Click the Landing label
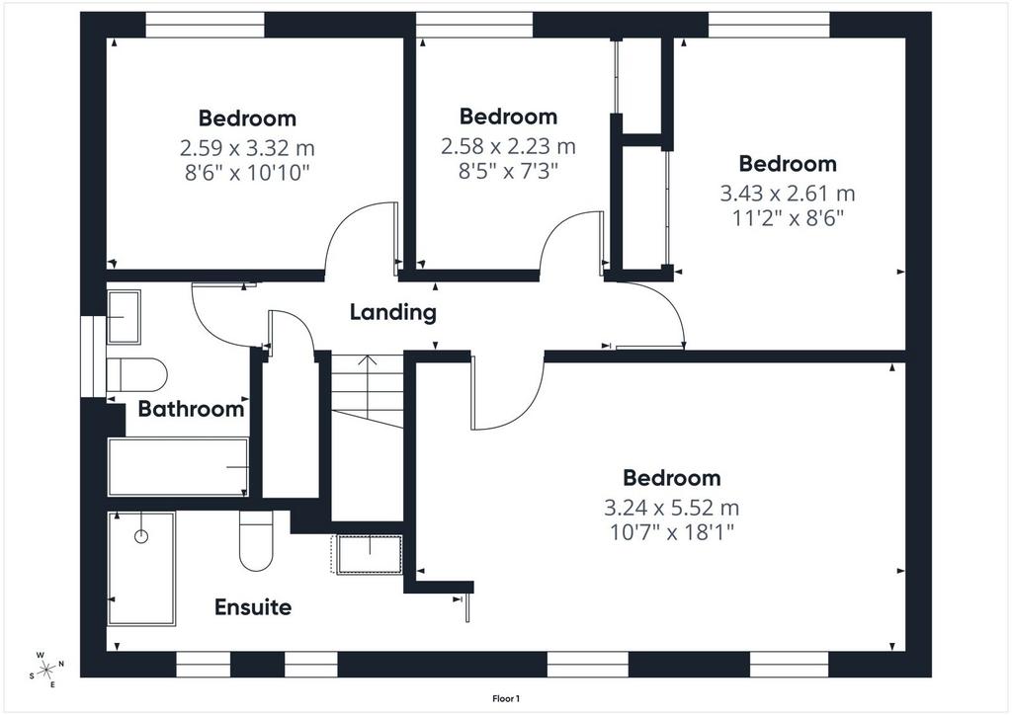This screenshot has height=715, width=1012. point(393,313)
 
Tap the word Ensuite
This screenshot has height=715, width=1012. point(253,607)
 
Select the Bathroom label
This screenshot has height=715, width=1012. point(191,409)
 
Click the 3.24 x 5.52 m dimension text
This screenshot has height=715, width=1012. point(671,508)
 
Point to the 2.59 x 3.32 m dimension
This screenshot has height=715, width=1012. point(247,148)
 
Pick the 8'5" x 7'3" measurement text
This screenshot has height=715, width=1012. point(508,171)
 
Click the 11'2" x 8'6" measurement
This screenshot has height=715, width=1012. point(788,218)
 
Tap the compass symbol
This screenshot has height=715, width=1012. point(46,671)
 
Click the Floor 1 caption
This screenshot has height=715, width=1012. point(506,699)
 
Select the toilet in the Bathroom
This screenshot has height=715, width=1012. point(136,374)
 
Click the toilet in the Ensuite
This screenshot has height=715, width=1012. point(256,540)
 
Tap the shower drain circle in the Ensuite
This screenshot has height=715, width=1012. point(141,536)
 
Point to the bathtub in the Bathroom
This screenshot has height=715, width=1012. point(178,467)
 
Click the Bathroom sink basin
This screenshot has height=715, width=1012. point(124,317)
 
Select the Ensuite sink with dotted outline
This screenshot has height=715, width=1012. point(367,554)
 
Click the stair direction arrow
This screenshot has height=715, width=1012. point(368,387)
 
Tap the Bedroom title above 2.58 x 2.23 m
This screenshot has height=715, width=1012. point(509,117)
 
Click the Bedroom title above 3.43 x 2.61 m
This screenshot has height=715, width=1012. point(788,164)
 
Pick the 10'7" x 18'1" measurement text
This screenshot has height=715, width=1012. point(672,533)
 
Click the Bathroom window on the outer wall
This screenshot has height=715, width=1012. point(93,357)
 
